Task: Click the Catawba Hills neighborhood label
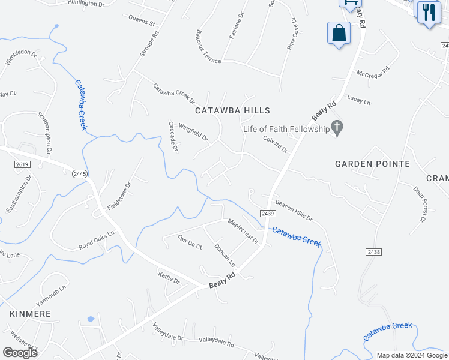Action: point(233,110)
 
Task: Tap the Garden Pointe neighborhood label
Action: point(372,164)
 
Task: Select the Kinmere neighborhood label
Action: point(30,314)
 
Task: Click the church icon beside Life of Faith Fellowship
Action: point(337,128)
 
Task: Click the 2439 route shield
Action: point(268,214)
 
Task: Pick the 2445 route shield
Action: point(80,173)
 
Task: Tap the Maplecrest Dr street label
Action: point(243,231)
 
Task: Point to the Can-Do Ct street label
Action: point(190,242)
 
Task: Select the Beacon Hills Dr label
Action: point(294,210)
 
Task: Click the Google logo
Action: point(20,353)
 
